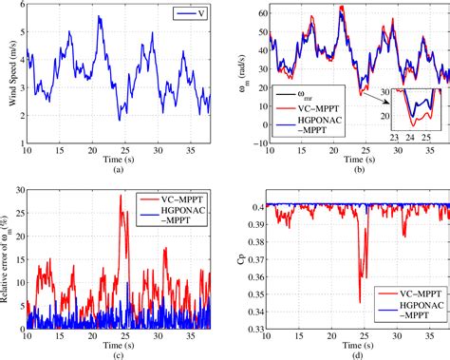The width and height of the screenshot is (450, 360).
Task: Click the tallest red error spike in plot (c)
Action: point(122,197)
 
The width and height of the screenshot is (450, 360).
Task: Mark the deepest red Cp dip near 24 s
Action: point(360,303)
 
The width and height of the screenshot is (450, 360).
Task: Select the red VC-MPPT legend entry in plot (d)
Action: point(405,294)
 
